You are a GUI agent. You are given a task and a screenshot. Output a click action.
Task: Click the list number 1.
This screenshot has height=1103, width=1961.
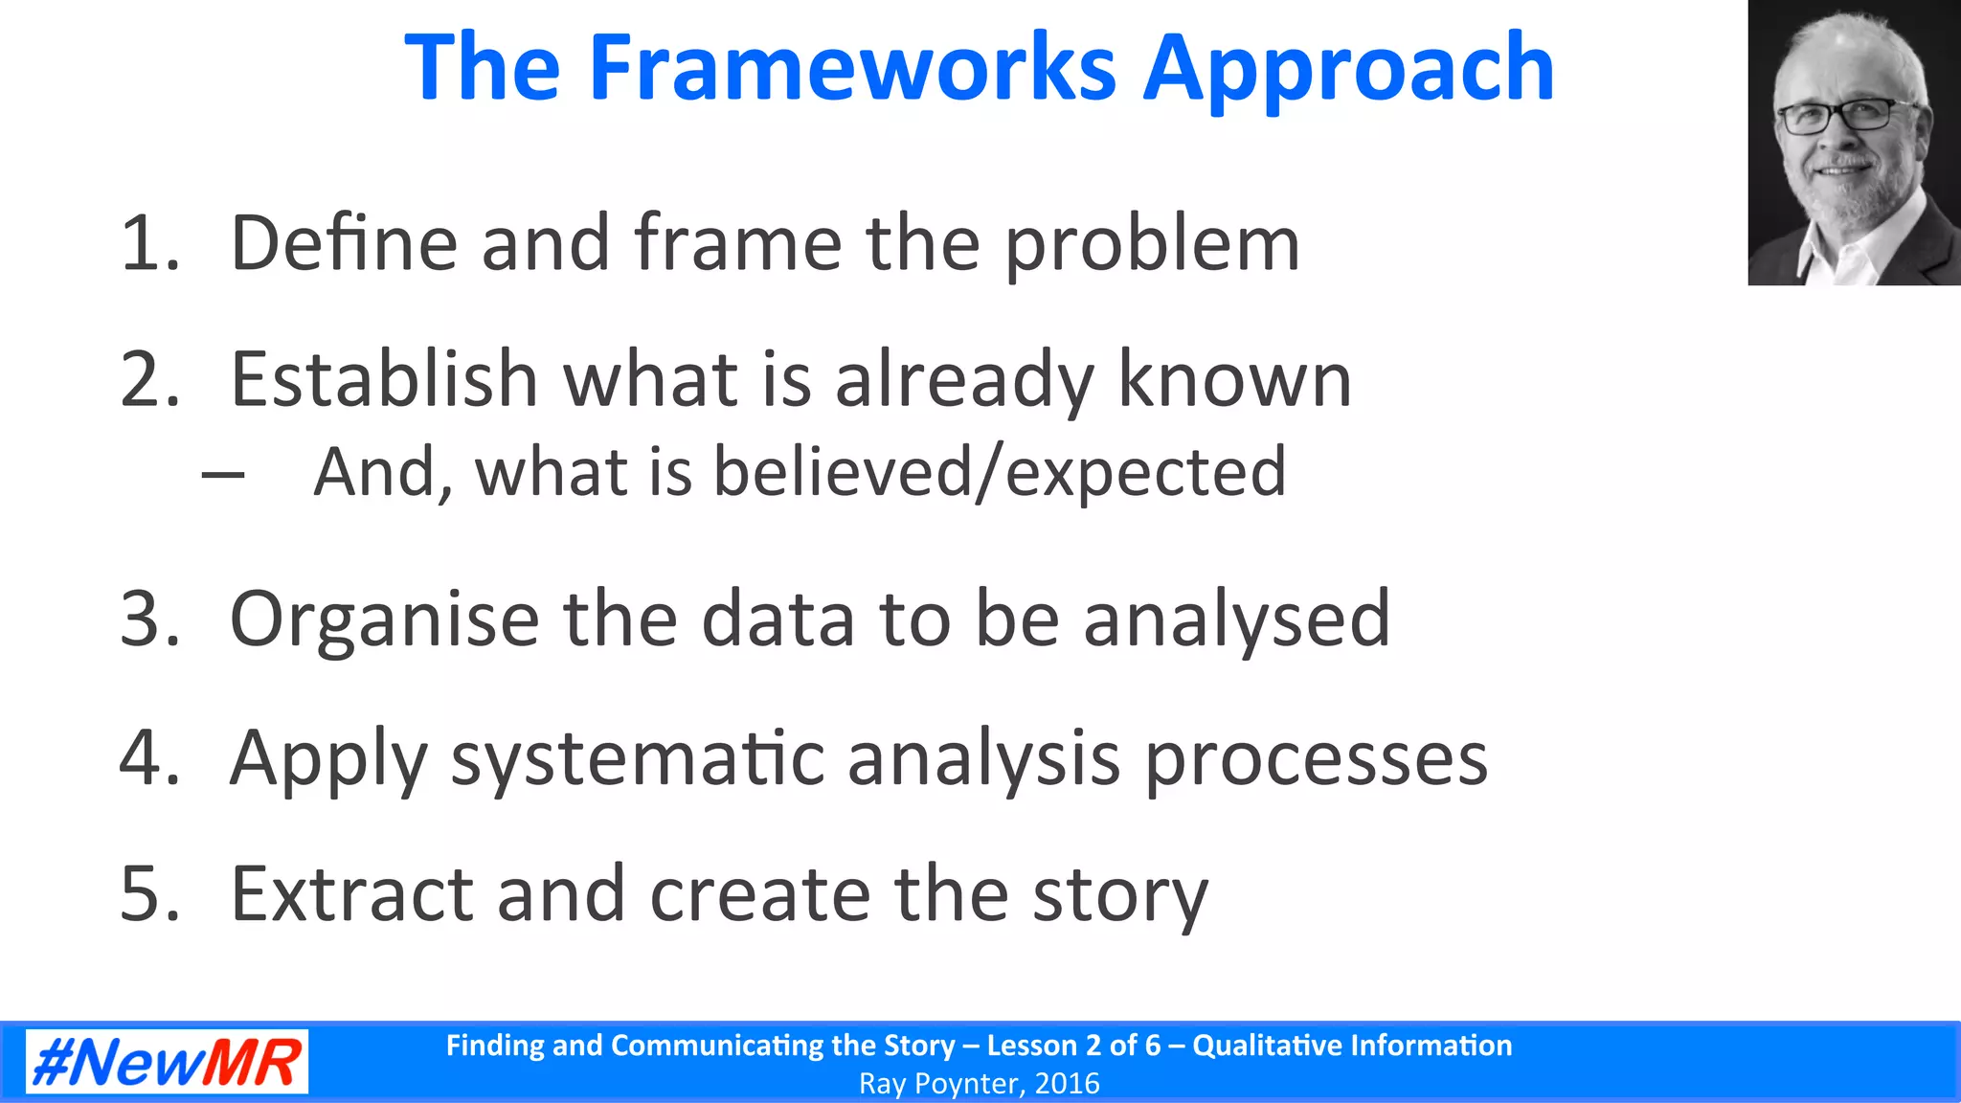point(149,243)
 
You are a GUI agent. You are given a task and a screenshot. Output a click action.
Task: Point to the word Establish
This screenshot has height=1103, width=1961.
point(384,379)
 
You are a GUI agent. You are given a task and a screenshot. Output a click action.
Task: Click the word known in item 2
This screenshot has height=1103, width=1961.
point(1234,380)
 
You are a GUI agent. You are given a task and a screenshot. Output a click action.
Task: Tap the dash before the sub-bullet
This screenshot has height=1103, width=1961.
point(223,473)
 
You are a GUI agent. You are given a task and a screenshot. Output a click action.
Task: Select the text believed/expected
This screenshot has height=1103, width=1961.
point(1000,472)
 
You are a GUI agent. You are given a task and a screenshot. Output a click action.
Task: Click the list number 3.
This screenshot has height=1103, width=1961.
point(149,619)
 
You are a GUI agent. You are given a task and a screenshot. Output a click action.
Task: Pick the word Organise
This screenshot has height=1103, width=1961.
point(384,620)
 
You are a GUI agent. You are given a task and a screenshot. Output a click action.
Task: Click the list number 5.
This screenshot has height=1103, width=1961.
point(149,894)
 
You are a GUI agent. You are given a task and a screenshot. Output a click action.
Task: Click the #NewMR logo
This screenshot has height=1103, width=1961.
point(167,1062)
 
